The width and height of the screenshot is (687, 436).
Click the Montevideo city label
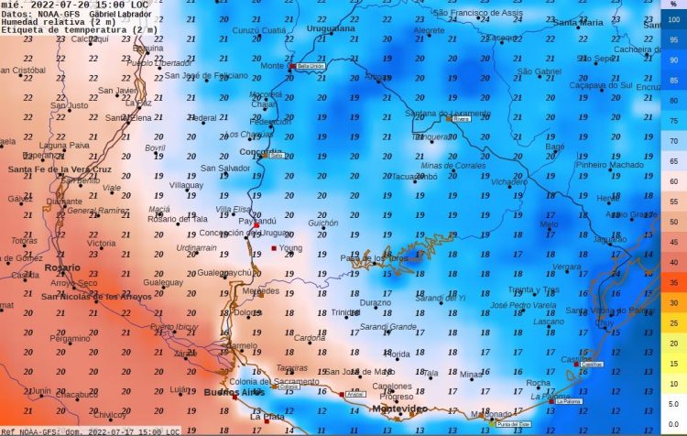click(398, 409)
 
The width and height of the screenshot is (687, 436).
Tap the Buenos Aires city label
click(233, 392)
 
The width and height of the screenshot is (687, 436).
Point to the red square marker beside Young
click(274, 248)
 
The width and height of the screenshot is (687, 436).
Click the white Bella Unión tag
click(310, 66)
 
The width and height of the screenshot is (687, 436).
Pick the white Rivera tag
click(461, 118)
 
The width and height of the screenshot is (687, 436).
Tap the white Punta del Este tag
click(513, 424)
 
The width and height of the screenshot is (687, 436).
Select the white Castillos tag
click(591, 364)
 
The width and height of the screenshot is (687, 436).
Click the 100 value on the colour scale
click(673, 18)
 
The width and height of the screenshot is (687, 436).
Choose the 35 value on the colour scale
click(673, 283)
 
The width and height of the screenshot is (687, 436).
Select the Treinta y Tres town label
click(533, 289)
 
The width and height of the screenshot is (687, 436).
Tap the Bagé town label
click(555, 147)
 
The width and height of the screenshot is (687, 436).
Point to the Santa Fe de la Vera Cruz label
click(59, 169)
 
